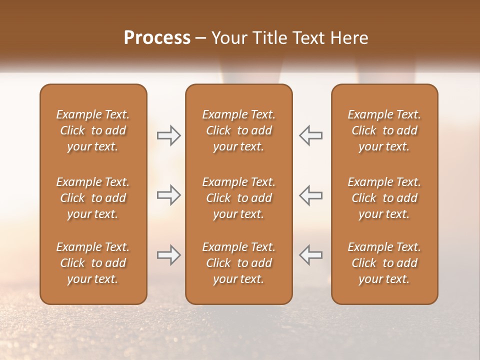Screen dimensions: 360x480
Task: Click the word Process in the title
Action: [157, 38]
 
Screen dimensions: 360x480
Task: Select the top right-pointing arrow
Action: [168, 135]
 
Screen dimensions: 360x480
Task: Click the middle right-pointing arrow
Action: [168, 195]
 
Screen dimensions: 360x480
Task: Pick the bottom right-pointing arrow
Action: [168, 255]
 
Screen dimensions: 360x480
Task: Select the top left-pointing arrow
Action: [310, 135]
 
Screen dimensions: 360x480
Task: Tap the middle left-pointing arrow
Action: [310, 195]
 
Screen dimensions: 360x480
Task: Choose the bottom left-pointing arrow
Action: [310, 255]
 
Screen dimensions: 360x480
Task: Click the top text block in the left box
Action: [93, 130]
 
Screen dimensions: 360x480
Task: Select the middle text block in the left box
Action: [93, 198]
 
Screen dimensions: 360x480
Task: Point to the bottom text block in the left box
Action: [93, 263]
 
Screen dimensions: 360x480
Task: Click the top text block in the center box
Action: [239, 130]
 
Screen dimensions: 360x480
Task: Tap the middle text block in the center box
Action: [239, 198]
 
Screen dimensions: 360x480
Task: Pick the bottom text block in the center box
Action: [239, 263]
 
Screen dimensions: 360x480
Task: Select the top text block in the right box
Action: [384, 130]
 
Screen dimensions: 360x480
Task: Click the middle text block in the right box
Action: [384, 198]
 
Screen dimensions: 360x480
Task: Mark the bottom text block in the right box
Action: [384, 263]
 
